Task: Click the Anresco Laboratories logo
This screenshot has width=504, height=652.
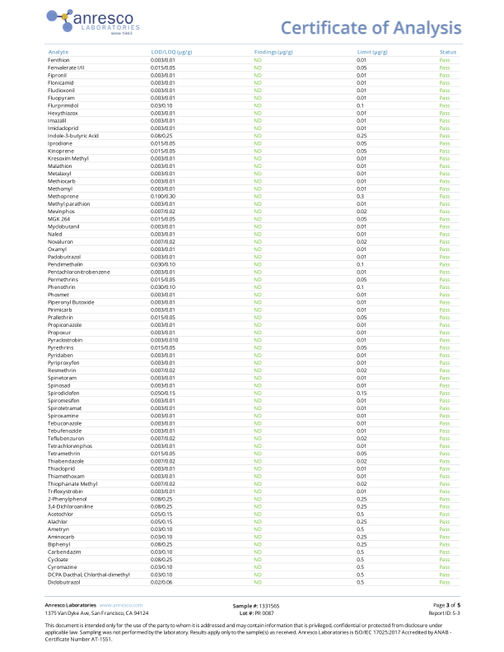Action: coord(93,21)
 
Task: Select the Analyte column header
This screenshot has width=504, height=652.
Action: coord(58,52)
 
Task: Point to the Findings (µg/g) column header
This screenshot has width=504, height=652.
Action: coord(274,52)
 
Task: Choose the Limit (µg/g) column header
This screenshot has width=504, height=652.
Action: coord(371,52)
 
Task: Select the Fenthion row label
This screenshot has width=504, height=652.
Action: coord(58,60)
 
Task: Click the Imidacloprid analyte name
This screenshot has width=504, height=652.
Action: coord(63,128)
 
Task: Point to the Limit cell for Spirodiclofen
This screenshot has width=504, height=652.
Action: coord(362,393)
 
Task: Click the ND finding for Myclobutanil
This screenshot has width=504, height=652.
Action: coord(258,226)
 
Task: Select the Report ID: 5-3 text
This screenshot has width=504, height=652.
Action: coord(444,613)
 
